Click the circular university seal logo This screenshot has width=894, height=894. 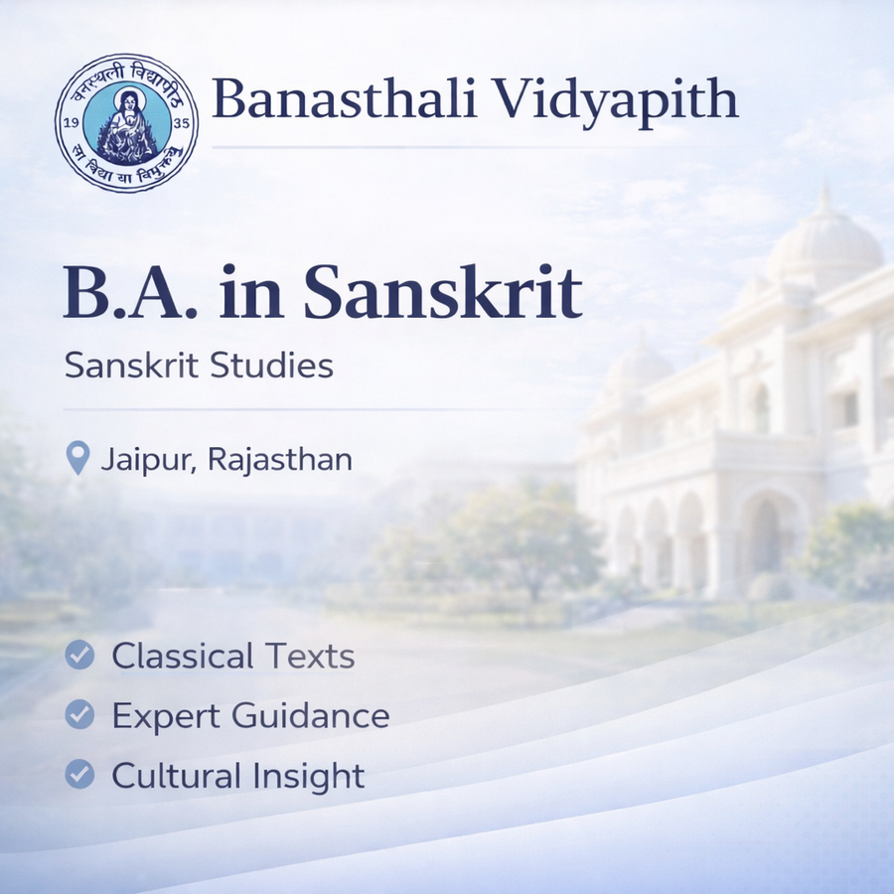[126, 123]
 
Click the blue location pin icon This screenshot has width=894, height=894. [77, 459]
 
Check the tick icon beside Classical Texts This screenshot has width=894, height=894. [79, 656]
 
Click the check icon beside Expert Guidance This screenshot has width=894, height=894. [79, 715]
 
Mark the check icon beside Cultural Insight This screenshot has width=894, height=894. [79, 775]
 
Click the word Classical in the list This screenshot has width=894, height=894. [183, 656]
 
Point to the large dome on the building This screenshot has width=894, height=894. [824, 243]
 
